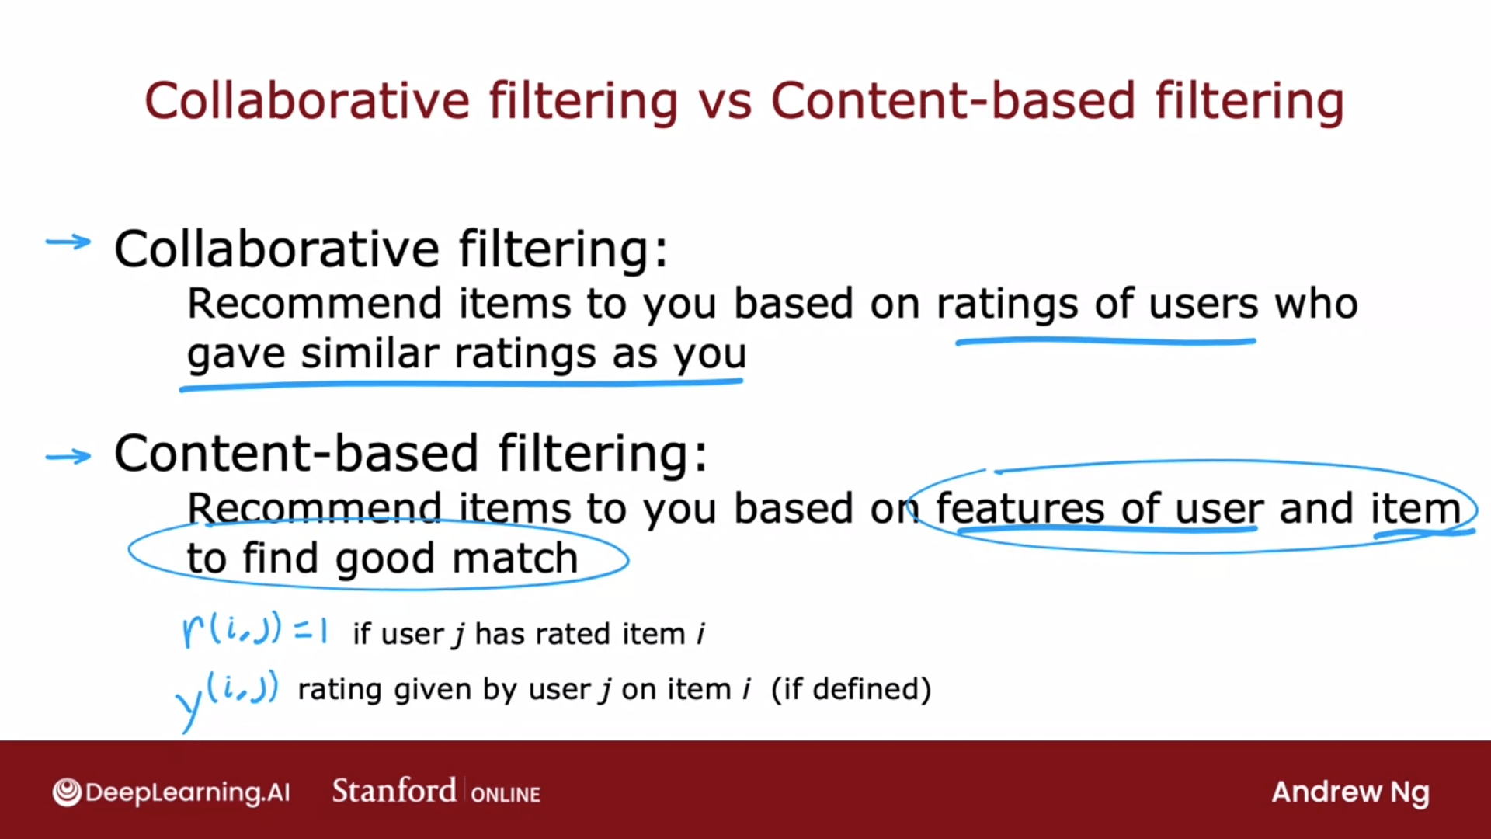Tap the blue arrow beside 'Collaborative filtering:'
coord(68,242)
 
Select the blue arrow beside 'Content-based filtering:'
coord(68,456)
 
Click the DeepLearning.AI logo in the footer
coord(171,792)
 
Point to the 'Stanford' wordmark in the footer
coord(394,791)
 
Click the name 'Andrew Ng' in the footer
coord(1350,793)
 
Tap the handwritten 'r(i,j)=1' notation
coord(255,630)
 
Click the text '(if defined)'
coord(851,690)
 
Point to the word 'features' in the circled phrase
coord(1020,508)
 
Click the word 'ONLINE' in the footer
coord(506,795)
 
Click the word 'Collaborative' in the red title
coord(307,101)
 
